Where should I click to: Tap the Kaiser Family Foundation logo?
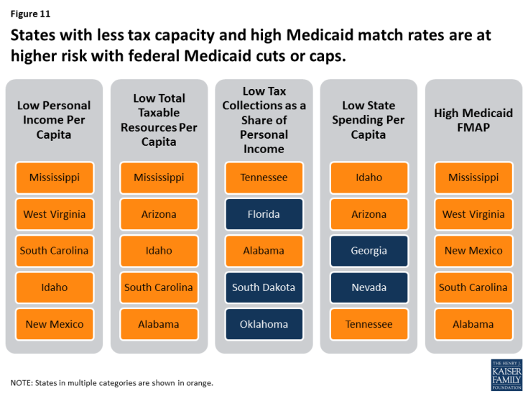506,374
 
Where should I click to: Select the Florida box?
264,214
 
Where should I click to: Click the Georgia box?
369,251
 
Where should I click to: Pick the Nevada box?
369,287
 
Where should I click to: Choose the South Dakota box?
264,287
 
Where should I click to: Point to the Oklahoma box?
264,324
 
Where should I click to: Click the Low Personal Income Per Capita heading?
54,120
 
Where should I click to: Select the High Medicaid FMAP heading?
473,120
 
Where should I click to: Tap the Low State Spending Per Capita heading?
369,120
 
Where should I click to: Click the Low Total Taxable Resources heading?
159,120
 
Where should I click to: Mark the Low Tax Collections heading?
264,120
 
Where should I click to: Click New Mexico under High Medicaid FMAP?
473,251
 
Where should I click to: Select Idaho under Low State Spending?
369,178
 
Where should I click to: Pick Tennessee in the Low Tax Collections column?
264,178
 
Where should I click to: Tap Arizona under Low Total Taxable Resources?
159,214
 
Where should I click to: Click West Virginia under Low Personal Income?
54,214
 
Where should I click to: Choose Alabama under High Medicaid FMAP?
473,324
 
